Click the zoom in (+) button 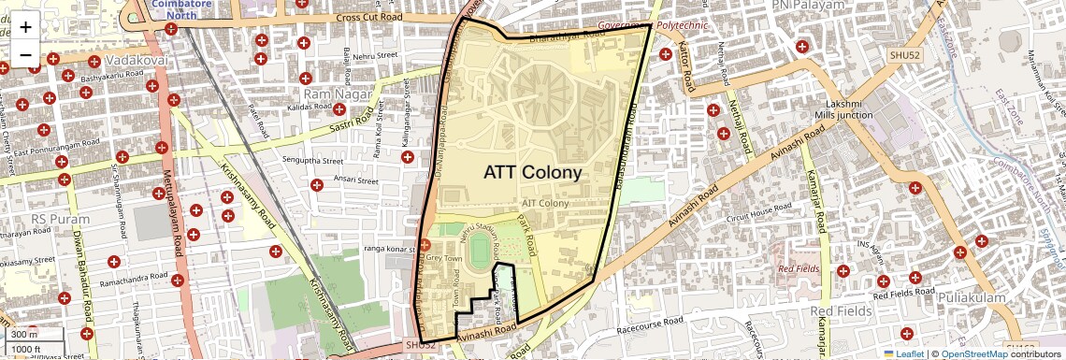click(x=25, y=27)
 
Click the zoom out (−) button click(x=25, y=53)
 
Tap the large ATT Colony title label click(x=532, y=173)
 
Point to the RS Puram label click(x=60, y=220)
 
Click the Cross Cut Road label click(x=369, y=17)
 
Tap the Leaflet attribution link click(x=902, y=353)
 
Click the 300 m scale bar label click(x=25, y=335)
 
